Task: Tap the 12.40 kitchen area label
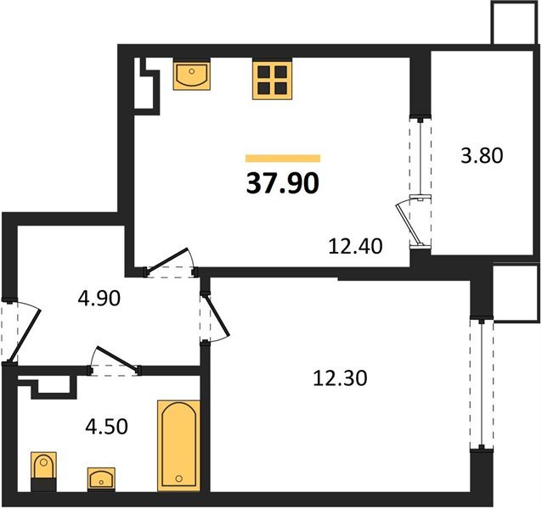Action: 357,247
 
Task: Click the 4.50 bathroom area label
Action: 107,426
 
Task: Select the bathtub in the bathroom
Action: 178,445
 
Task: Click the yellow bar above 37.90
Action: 283,158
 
